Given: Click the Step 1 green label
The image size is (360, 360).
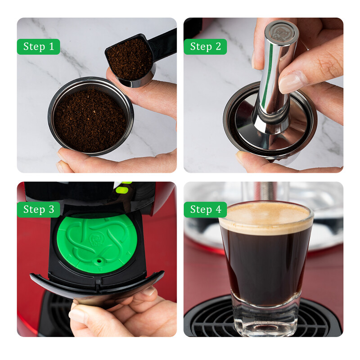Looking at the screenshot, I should (38, 46).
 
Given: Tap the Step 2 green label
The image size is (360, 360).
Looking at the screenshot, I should (205, 46).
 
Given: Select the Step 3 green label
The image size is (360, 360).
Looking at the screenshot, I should (38, 209).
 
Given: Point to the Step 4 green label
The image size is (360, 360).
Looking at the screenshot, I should (205, 209).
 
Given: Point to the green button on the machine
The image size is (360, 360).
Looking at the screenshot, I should (120, 189).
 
